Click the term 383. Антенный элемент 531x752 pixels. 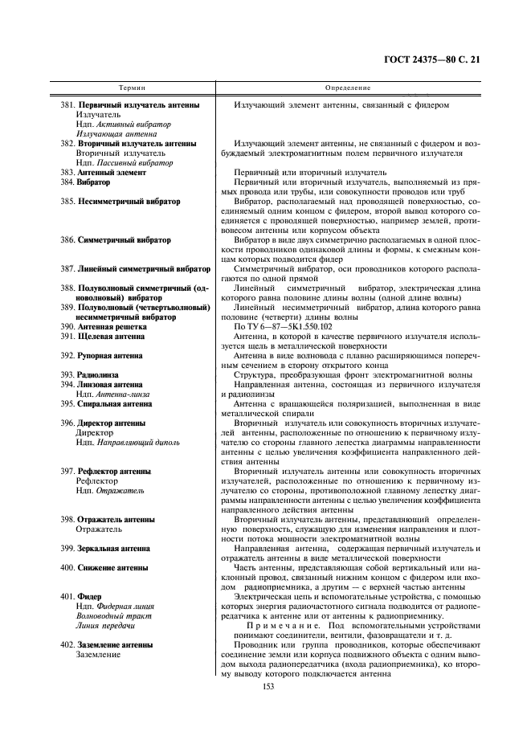pos(104,173)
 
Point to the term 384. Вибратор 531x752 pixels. pos(85,182)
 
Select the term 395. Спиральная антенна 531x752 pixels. pos(106,404)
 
